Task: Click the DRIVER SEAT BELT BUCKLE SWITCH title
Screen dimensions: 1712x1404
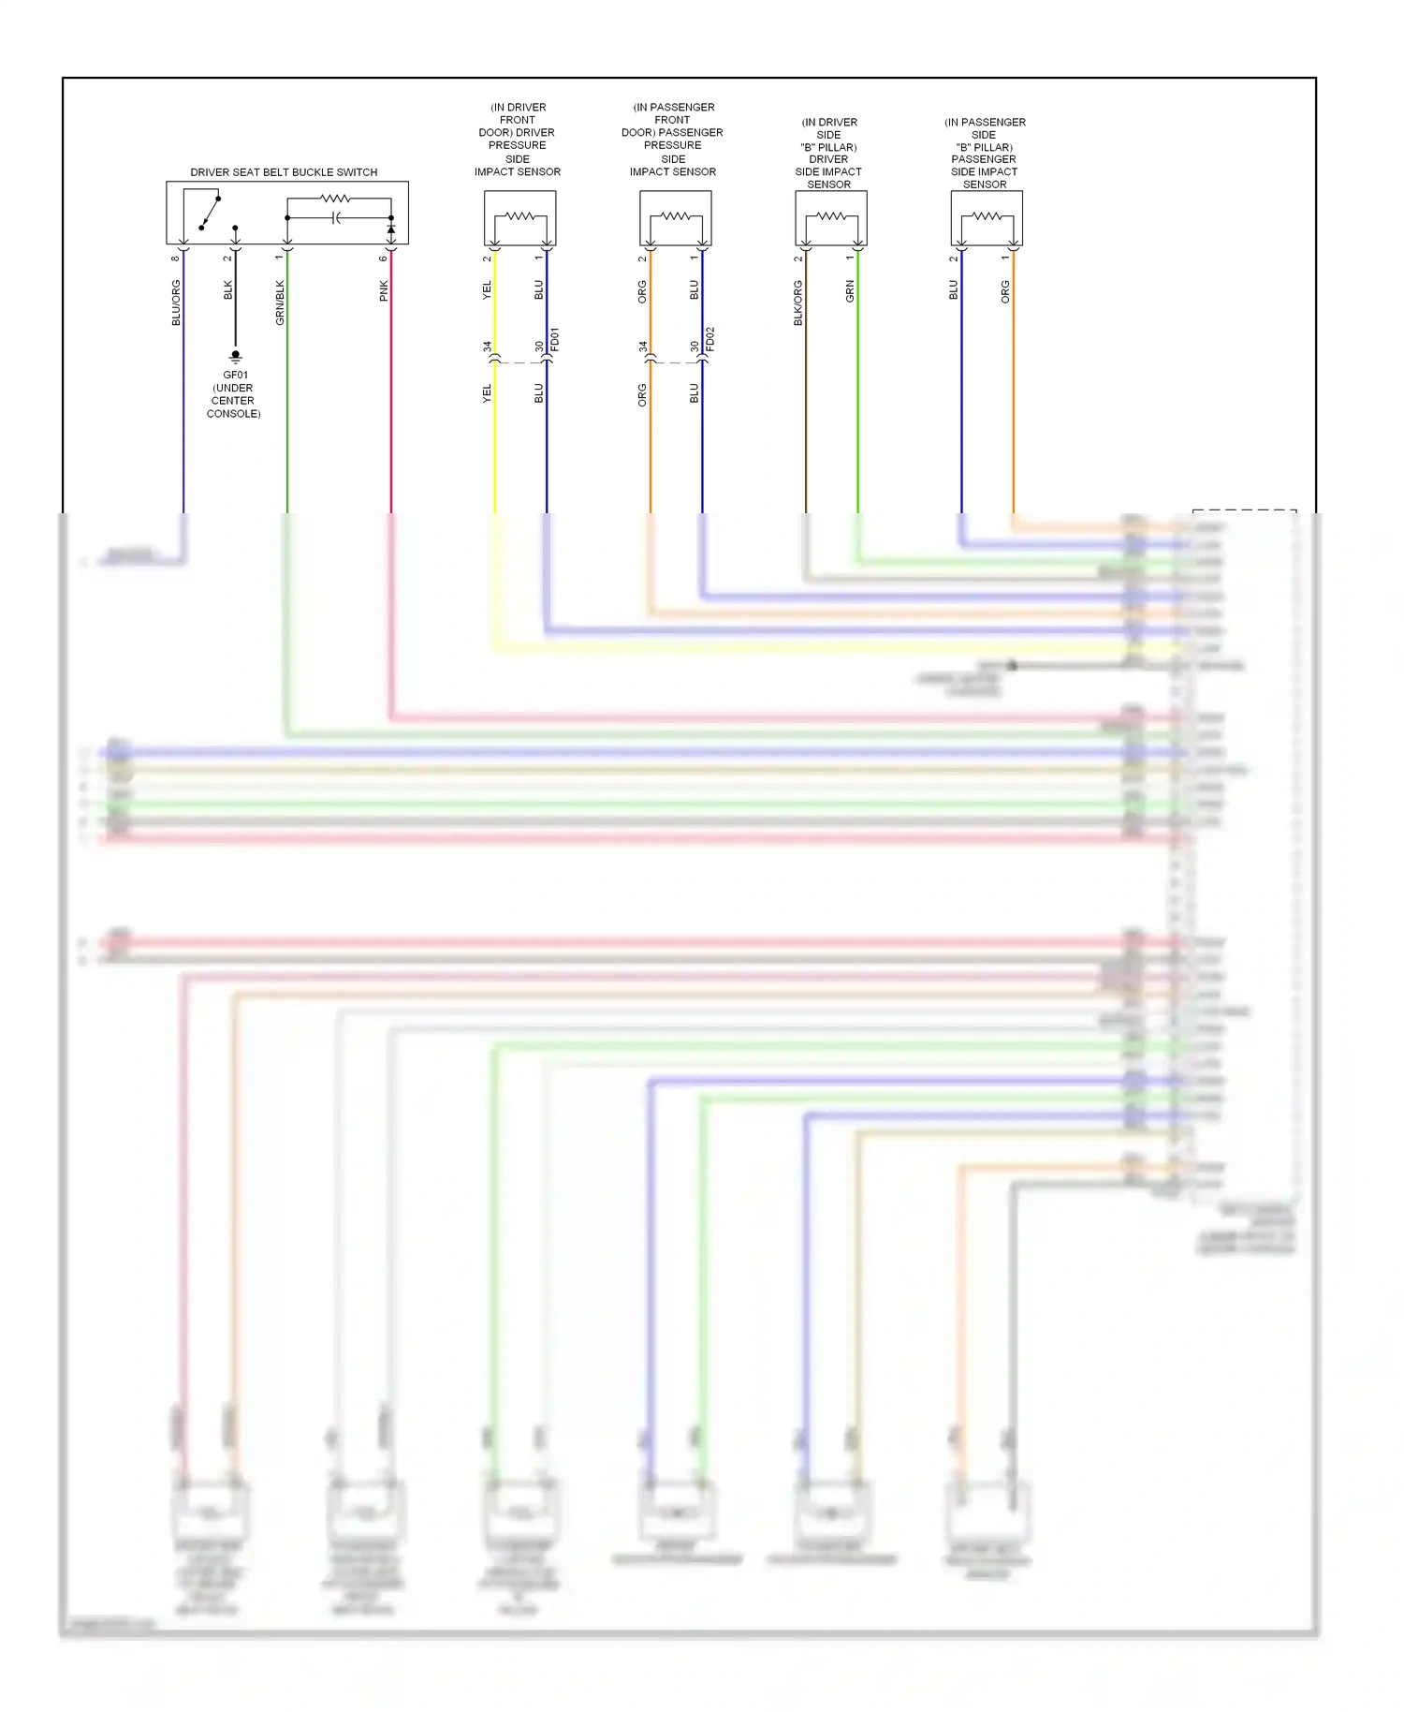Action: [284, 172]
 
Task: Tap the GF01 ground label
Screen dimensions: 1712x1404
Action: [235, 375]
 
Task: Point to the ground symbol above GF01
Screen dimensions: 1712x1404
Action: [235, 356]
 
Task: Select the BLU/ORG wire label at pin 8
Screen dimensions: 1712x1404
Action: [176, 303]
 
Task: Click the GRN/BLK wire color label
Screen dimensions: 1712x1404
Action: [280, 303]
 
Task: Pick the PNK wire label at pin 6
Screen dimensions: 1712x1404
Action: [384, 291]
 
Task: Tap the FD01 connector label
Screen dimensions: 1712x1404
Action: [555, 339]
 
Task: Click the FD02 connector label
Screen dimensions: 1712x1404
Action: [710, 339]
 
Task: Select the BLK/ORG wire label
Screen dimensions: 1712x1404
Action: [798, 303]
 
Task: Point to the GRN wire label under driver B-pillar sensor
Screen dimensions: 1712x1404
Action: [850, 291]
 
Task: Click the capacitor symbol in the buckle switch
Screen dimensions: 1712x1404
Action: [337, 218]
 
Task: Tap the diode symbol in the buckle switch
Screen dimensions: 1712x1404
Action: [391, 229]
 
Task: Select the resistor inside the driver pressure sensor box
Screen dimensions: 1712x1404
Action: [519, 216]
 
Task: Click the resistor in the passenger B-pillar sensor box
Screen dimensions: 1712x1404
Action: [987, 216]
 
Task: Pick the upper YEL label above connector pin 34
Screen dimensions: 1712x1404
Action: [487, 291]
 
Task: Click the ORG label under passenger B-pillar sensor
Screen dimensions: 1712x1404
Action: [1005, 291]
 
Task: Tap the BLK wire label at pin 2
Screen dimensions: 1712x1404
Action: [227, 290]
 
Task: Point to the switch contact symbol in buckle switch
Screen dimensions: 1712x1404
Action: [210, 213]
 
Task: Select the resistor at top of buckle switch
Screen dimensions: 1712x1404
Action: [335, 199]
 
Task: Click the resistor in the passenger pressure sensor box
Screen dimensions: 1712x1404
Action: [675, 216]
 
